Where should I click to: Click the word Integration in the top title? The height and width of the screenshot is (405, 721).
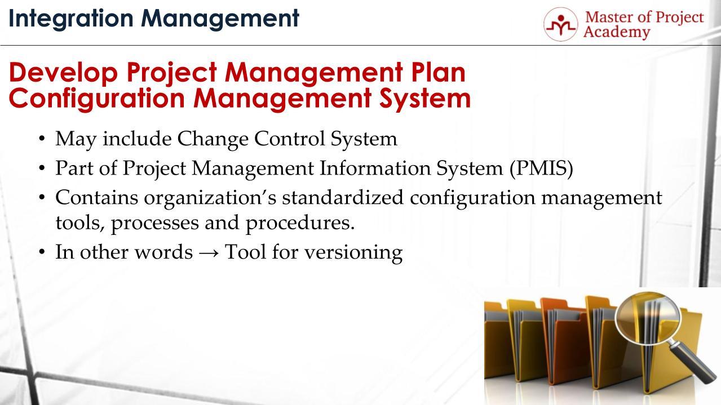71,19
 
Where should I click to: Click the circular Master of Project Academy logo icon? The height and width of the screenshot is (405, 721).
560,24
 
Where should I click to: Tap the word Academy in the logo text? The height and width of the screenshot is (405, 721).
616,32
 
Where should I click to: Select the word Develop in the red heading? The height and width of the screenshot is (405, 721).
63,73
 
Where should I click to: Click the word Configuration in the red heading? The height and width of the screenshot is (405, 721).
96,99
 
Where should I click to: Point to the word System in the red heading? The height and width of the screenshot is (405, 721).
425,99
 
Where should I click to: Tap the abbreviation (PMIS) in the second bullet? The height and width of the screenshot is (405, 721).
541,168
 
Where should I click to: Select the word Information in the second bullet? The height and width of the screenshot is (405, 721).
375,168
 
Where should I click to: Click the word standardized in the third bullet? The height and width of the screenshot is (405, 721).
343,197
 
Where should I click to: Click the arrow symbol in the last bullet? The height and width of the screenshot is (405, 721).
209,253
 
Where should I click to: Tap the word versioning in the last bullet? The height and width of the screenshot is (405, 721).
353,252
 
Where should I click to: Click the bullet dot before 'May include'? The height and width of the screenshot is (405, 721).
42,140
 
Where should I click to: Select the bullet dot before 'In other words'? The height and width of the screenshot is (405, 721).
42,252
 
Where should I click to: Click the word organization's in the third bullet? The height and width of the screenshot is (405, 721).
210,198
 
